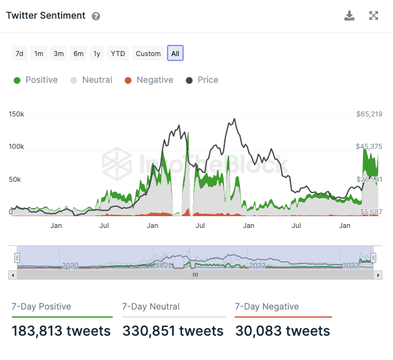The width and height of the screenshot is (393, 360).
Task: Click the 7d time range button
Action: [x=19, y=54]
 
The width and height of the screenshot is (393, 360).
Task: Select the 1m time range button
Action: [x=39, y=54]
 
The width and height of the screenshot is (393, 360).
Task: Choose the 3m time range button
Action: [x=59, y=54]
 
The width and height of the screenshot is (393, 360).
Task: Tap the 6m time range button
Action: [x=78, y=54]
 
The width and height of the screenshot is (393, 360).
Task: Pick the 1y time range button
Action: [x=97, y=54]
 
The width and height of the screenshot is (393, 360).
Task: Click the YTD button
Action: [x=118, y=54]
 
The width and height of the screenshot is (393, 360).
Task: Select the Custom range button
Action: [x=148, y=54]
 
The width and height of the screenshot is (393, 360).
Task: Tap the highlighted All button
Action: [x=175, y=54]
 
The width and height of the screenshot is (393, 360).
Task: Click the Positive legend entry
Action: [x=36, y=80]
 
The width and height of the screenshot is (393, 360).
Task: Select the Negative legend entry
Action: [x=149, y=80]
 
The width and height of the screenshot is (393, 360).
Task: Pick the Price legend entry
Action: [x=202, y=80]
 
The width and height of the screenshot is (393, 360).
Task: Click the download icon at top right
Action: [x=349, y=16]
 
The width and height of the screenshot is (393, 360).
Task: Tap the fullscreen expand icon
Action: [x=374, y=16]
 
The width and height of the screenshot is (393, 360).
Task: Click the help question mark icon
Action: [x=96, y=16]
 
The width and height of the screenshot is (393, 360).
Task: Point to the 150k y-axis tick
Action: [x=16, y=114]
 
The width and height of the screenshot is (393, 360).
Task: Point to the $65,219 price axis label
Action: [x=369, y=114]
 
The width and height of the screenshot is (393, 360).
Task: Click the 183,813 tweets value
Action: [x=61, y=331]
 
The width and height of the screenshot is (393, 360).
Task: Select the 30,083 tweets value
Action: [x=282, y=331]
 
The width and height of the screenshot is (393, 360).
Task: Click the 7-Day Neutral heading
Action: [x=151, y=306]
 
